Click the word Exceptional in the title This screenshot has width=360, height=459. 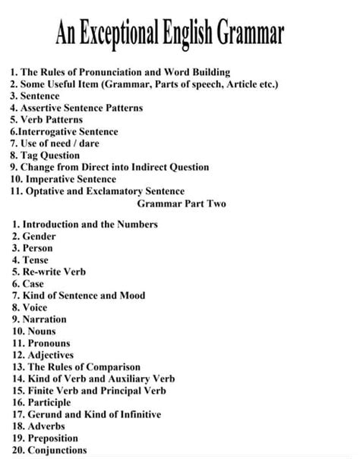click(124, 34)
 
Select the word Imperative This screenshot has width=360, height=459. click(50, 180)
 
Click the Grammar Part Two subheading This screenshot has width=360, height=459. click(182, 204)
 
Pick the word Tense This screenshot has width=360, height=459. click(36, 260)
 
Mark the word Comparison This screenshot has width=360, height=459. click(109, 366)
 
